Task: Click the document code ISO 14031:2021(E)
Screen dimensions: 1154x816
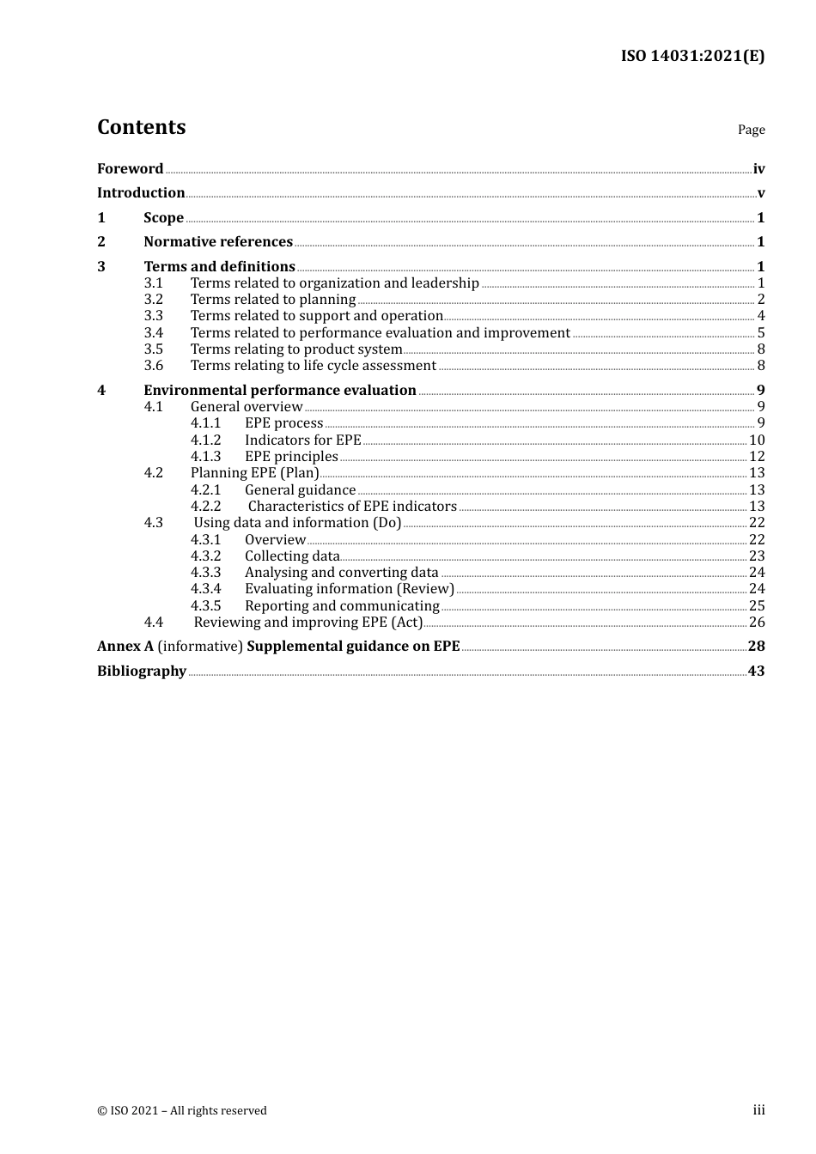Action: pos(692,56)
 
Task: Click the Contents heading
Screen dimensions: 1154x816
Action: pos(141,127)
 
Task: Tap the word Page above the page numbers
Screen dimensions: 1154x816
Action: pos(751,130)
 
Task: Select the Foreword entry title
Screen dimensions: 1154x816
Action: pos(130,168)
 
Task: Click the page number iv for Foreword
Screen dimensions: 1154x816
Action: pos(758,169)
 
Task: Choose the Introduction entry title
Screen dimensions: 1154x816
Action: pos(141,193)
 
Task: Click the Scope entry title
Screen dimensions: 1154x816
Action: pos(163,218)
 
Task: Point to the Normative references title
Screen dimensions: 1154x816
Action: pos(218,242)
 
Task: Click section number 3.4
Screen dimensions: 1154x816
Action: pos(154,333)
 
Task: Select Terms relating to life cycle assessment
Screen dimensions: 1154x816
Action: pos(313,366)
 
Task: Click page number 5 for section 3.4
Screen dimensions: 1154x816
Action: pos(761,333)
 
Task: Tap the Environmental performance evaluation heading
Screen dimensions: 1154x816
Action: pos(280,391)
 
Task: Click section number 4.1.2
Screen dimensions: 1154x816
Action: pos(206,440)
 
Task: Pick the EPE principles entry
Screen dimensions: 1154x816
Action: pos(291,457)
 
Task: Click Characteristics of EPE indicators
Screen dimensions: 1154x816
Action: pos(352,507)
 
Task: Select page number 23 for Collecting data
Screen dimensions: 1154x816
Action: pos(757,556)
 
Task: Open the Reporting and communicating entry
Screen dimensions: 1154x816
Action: pos(342,606)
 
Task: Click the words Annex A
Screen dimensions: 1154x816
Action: pos(125,647)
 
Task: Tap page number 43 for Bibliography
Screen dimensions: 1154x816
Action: pos(756,671)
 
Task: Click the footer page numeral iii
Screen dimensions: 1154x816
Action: pos(758,1110)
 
